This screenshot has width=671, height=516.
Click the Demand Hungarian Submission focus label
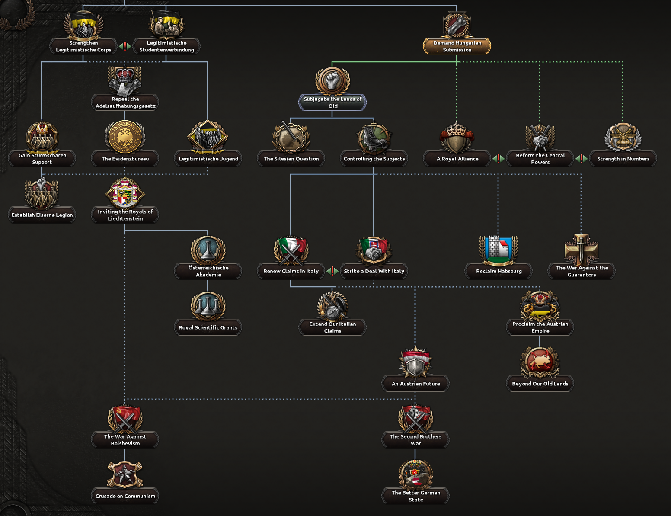coord(457,46)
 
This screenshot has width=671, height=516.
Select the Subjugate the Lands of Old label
coord(332,103)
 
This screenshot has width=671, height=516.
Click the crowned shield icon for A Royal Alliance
coord(457,138)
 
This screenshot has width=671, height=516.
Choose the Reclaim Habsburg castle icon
coord(498,250)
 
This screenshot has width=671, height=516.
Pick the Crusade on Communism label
coord(125,496)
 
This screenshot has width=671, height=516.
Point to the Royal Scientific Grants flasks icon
coord(208,306)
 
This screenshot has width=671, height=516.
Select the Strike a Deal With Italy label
coord(374,271)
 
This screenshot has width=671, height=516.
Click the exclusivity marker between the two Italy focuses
coord(332,271)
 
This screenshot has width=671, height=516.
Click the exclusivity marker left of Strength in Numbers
coord(581,159)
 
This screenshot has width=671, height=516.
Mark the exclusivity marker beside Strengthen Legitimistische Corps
coord(125,46)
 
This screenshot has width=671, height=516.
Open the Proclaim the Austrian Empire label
coord(540,327)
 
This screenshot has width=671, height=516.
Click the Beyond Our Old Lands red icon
coord(540,362)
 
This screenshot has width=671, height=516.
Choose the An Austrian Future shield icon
coord(415,362)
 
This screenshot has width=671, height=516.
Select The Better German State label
coord(415,496)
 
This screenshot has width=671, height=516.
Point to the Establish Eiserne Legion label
coord(42,215)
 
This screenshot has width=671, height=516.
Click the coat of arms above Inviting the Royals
coord(125,193)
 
